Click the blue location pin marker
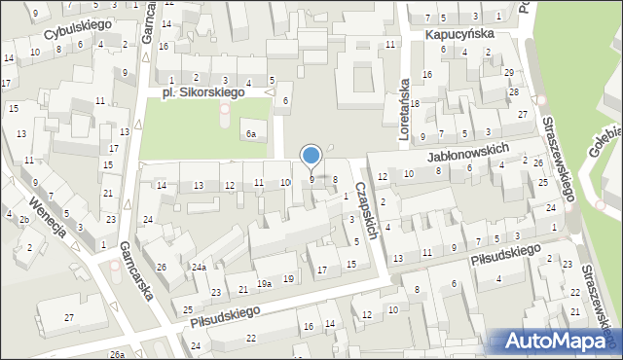[311, 156]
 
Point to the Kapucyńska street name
[459, 33]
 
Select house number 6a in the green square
[251, 134]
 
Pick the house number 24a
[199, 268]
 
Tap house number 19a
[264, 284]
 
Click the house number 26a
[117, 355]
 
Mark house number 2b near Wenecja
[22, 219]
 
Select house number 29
[508, 73]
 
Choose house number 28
[513, 92]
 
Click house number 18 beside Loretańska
[415, 103]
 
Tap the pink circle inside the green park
[225, 108]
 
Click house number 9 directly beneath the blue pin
[311, 179]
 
